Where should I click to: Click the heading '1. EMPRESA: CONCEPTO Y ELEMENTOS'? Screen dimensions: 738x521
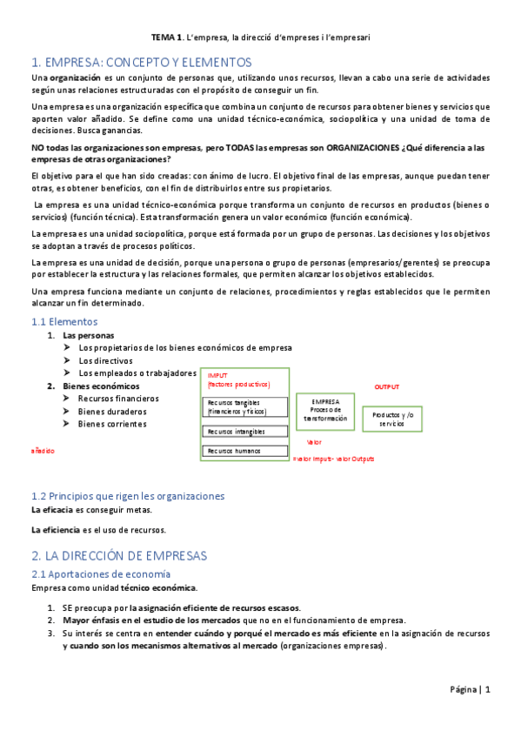pos(140,63)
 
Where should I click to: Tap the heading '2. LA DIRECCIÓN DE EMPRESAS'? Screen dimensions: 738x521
pos(119,555)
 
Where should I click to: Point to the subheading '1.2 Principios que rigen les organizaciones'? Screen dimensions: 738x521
pos(127,496)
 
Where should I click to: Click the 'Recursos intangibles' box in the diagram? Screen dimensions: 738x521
pos(244,431)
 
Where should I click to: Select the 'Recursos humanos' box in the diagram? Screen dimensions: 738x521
pos(244,451)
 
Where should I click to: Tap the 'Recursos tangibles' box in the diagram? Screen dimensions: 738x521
pos(244,406)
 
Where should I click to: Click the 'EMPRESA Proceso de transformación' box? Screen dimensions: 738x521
pos(324,410)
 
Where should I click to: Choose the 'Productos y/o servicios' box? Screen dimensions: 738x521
pos(391,419)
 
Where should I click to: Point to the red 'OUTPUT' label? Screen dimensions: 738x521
pos(387,386)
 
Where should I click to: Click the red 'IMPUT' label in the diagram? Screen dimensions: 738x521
pos(217,375)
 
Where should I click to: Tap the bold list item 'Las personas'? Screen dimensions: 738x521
pos(88,335)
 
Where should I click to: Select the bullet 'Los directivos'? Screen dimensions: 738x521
pos(105,360)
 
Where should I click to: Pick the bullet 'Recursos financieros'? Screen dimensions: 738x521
pos(118,399)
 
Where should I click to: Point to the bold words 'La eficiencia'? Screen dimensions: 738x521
pos(54,529)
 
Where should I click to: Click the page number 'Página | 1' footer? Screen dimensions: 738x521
pos(471,690)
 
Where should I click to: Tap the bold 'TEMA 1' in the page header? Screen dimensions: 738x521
pos(167,38)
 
